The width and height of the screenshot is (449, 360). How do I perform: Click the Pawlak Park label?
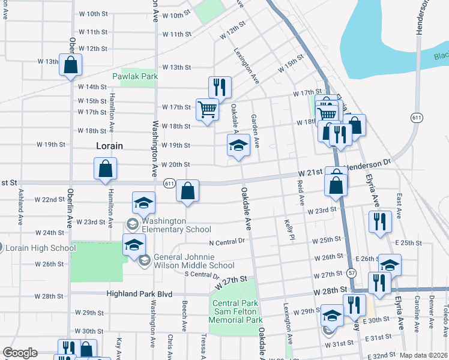[x=135, y=76]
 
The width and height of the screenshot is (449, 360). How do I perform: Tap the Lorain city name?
[x=110, y=146]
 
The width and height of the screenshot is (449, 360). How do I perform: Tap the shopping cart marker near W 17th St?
[x=207, y=110]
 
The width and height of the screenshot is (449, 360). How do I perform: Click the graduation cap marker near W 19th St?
[x=238, y=145]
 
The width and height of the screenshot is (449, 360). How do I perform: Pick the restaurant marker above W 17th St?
[x=220, y=88]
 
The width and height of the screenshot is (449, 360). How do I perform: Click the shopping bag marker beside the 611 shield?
[x=188, y=191]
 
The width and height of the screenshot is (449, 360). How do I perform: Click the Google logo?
[x=20, y=353]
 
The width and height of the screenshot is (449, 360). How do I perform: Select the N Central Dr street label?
[x=228, y=242]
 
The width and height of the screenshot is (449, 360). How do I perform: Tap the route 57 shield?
[x=351, y=272]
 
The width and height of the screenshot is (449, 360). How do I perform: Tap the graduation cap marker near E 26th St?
[x=390, y=265]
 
